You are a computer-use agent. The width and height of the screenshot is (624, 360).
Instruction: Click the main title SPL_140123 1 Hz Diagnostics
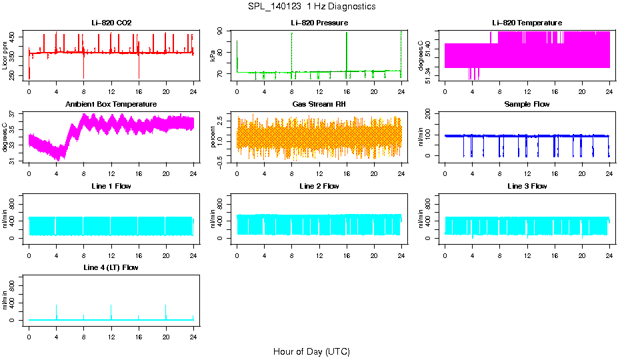(x=311, y=7)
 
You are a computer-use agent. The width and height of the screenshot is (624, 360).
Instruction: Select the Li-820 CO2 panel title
(x=111, y=23)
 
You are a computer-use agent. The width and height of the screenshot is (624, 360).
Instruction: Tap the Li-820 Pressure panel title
(x=319, y=23)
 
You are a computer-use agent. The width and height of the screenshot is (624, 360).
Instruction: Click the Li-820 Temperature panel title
(x=527, y=23)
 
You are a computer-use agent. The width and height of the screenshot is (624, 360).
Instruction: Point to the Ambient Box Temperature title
(x=111, y=105)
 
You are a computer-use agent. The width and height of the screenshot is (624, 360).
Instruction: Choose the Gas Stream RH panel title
(x=319, y=105)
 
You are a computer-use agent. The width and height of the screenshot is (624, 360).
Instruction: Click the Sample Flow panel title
(x=527, y=105)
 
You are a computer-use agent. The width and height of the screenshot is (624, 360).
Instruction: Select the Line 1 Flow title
(x=111, y=186)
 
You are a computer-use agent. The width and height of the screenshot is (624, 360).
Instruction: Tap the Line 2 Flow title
(x=319, y=186)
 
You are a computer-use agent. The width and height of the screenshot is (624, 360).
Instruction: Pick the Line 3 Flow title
(x=527, y=186)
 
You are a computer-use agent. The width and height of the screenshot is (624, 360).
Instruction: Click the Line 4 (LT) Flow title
(x=111, y=267)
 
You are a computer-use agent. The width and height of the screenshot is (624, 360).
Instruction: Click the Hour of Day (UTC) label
(x=311, y=351)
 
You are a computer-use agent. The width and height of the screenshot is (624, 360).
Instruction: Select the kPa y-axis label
(x=213, y=55)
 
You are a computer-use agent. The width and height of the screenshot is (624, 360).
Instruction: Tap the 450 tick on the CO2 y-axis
(x=13, y=37)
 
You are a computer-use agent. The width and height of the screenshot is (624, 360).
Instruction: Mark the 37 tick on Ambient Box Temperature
(x=13, y=114)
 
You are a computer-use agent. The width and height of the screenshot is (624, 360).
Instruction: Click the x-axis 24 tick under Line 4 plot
(x=193, y=330)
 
